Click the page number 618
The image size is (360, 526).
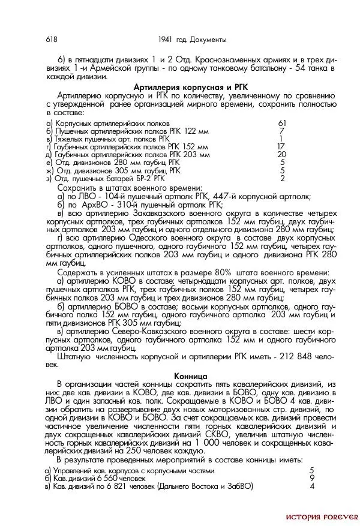tap(51, 40)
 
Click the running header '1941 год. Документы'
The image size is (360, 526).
tap(192, 40)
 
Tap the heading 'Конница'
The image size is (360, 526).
tap(191, 375)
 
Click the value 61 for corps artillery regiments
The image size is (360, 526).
tap(282, 123)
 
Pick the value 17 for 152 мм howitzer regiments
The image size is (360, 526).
tap(281, 146)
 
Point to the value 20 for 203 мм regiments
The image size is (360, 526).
tap(282, 154)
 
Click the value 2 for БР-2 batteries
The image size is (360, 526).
tap(282, 178)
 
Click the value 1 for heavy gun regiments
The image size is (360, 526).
tap(281, 139)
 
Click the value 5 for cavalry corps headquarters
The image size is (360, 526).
tap(312, 470)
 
